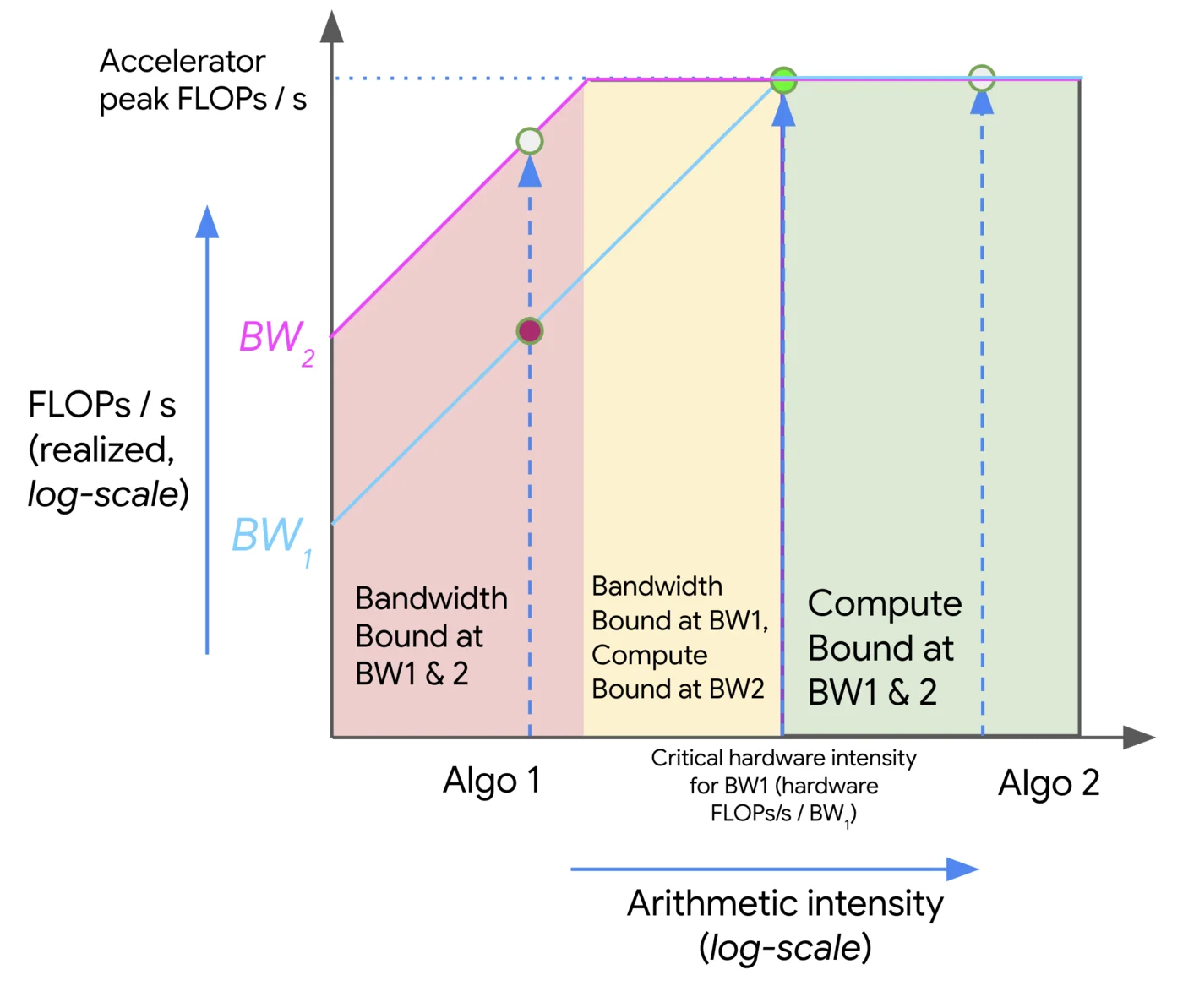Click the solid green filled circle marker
pyautogui.click(x=783, y=81)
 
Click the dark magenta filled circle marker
pyautogui.click(x=530, y=330)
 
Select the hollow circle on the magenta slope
pyautogui.click(x=530, y=141)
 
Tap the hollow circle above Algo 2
pyautogui.click(x=981, y=79)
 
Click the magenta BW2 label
pyautogui.click(x=275, y=340)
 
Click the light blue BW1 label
pyautogui.click(x=271, y=538)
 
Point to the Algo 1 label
pyautogui.click(x=491, y=781)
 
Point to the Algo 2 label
pyautogui.click(x=1048, y=783)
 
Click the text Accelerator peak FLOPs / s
pyautogui.click(x=202, y=80)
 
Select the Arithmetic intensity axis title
pyautogui.click(x=785, y=924)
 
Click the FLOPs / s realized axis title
pyautogui.click(x=108, y=449)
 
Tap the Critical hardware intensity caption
pyautogui.click(x=783, y=786)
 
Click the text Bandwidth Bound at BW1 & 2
pyautogui.click(x=430, y=635)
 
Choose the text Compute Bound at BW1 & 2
pyautogui.click(x=884, y=647)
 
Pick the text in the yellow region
pyautogui.click(x=679, y=638)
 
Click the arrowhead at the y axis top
pyautogui.click(x=332, y=27)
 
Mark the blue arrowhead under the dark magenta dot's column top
pyautogui.click(x=530, y=172)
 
